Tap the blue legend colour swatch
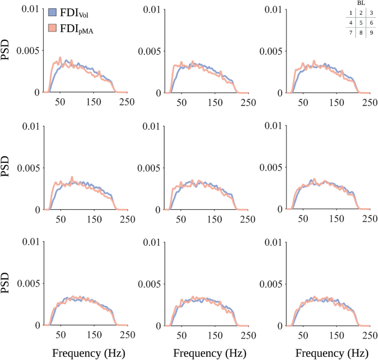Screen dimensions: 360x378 point(53,12)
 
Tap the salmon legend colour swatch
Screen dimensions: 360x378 point(53,29)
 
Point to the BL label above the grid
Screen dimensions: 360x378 point(361,3)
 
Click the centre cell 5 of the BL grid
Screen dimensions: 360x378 point(361,23)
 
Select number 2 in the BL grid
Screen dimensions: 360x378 point(361,13)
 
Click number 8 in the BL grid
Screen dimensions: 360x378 point(361,33)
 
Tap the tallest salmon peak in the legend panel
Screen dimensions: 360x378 point(60,57)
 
